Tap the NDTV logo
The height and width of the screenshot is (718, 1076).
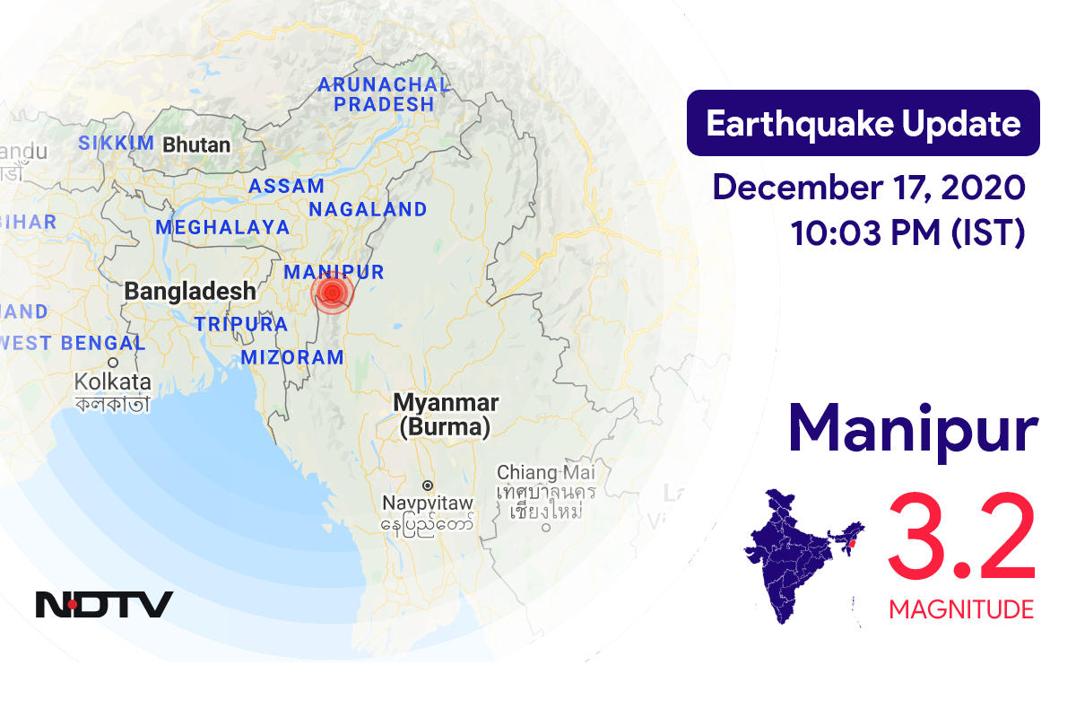104,604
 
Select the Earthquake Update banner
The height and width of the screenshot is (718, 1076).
863,123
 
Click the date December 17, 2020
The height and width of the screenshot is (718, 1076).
868,188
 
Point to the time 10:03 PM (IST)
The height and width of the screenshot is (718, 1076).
907,233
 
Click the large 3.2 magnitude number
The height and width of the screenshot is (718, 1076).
961,538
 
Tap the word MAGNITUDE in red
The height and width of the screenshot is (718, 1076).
961,610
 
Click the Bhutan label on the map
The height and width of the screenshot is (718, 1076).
195,144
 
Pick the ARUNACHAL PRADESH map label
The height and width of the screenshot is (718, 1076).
383,94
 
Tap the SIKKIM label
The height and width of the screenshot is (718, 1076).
117,144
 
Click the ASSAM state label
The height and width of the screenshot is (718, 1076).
286,187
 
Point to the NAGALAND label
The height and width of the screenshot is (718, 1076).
368,210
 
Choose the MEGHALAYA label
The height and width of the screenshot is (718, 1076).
222,228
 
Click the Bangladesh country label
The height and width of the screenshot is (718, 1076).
190,291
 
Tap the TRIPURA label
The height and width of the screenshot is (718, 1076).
240,324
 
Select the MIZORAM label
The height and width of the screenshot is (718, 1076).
291,357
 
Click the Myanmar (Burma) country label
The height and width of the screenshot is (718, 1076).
446,415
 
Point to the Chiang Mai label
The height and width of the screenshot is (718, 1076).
545,472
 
